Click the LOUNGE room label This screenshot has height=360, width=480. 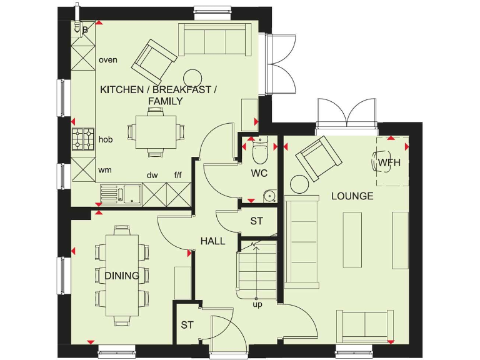click(x=352, y=196)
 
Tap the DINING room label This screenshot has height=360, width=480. click(x=122, y=276)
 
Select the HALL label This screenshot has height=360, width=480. click(x=212, y=241)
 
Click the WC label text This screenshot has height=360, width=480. click(x=259, y=172)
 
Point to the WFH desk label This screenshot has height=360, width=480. click(x=389, y=162)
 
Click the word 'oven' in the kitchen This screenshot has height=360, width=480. click(x=108, y=60)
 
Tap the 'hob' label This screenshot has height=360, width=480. click(x=106, y=139)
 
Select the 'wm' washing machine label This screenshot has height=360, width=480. click(x=105, y=169)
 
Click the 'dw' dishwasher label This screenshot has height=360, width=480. click(x=152, y=176)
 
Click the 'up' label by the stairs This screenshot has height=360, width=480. click(x=257, y=304)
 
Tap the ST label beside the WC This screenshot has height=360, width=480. click(x=256, y=221)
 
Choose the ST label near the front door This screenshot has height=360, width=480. click(x=187, y=325)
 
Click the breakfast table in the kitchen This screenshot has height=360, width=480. click(x=154, y=131)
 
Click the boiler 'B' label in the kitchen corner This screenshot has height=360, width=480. click(x=85, y=29)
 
